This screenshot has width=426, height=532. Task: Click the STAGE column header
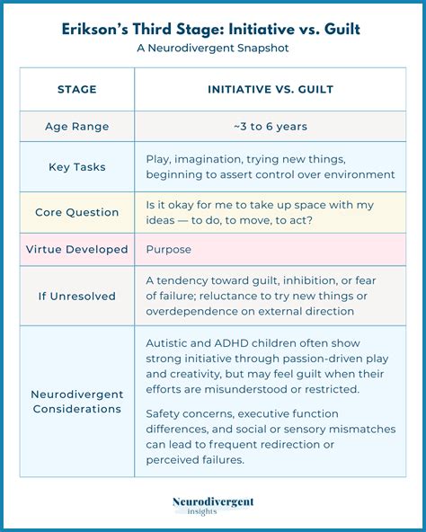(76, 90)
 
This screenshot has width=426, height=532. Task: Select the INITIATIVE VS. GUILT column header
(271, 90)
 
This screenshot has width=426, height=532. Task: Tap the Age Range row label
(76, 127)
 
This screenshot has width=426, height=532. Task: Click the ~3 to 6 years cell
(271, 127)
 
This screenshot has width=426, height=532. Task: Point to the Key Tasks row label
(76, 166)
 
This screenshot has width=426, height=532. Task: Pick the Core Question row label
(76, 213)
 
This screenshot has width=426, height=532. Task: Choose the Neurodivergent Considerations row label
(76, 402)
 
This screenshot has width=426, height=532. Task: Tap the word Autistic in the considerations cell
(168, 342)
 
